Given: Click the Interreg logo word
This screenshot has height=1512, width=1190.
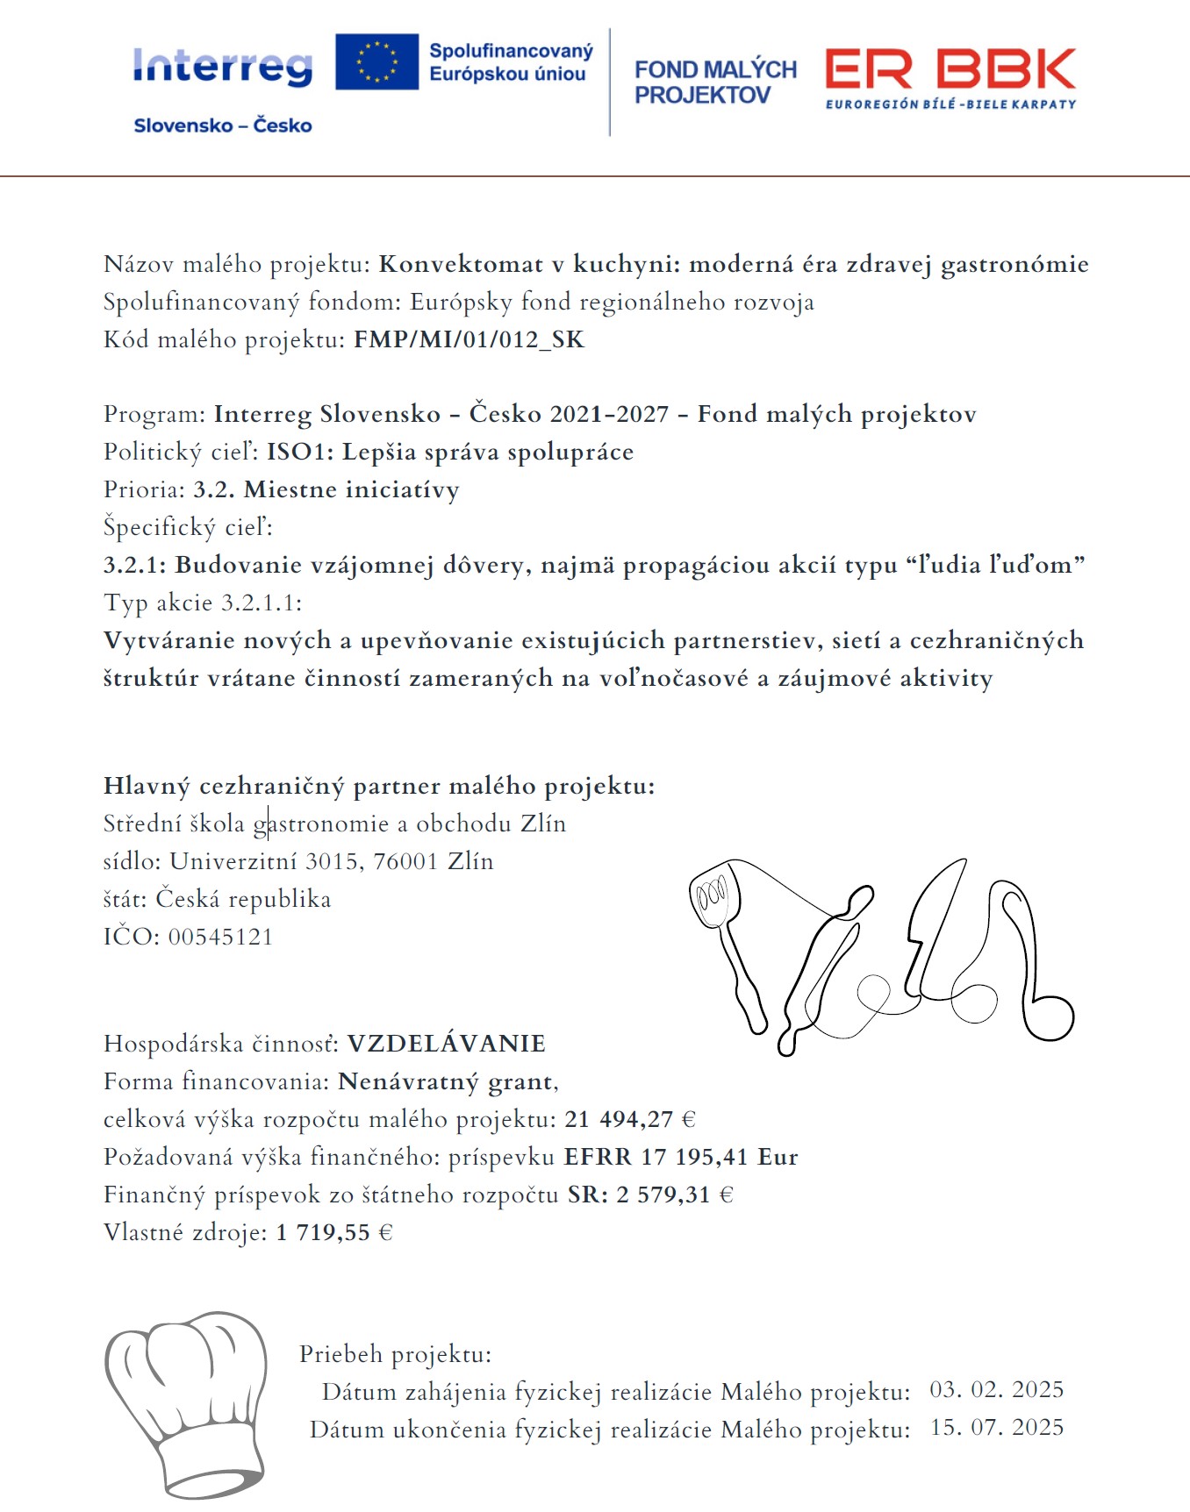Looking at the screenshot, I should pyautogui.click(x=223, y=67).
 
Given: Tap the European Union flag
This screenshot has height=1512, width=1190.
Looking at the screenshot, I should pyautogui.click(x=376, y=62).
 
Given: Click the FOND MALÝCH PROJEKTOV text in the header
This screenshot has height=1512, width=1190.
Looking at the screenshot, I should pyautogui.click(x=715, y=82).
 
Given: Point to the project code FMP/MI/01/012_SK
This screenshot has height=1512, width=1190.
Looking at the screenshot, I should pyautogui.click(x=469, y=340).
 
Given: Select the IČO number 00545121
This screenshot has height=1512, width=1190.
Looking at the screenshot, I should pyautogui.click(x=220, y=938).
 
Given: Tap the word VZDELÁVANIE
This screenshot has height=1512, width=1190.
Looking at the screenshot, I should pyautogui.click(x=447, y=1044).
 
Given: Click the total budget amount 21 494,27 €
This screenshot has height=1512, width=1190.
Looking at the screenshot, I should pyautogui.click(x=630, y=1120).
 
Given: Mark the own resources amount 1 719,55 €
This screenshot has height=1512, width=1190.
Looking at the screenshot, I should pyautogui.click(x=334, y=1233).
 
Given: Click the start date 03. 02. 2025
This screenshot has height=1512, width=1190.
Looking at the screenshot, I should pyautogui.click(x=997, y=1390).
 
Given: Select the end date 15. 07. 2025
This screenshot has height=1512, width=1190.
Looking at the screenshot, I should pyautogui.click(x=997, y=1428).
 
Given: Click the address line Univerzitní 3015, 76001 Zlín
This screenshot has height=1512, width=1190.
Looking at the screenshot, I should pyautogui.click(x=332, y=862).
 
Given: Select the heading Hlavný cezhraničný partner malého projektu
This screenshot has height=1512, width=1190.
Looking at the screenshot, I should pyautogui.click(x=379, y=786).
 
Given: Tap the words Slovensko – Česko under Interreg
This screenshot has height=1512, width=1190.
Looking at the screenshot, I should pyautogui.click(x=223, y=125).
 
